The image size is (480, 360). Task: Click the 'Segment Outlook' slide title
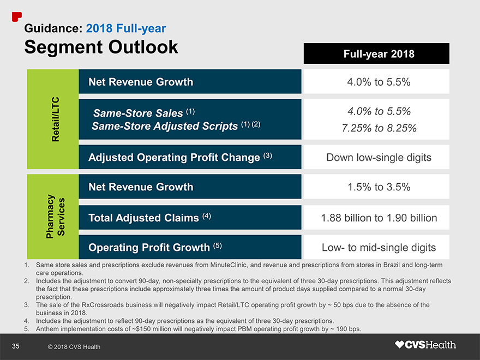point(101,47)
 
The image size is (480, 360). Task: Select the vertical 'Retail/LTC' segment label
point(55,119)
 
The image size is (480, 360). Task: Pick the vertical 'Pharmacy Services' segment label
point(55,217)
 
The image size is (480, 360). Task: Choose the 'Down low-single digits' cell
point(379,158)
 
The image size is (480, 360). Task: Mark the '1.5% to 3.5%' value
point(379,187)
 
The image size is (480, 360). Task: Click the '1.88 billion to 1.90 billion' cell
point(379,218)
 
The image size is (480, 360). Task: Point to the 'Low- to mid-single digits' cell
point(379,248)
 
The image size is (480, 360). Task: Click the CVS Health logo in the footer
point(425,345)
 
